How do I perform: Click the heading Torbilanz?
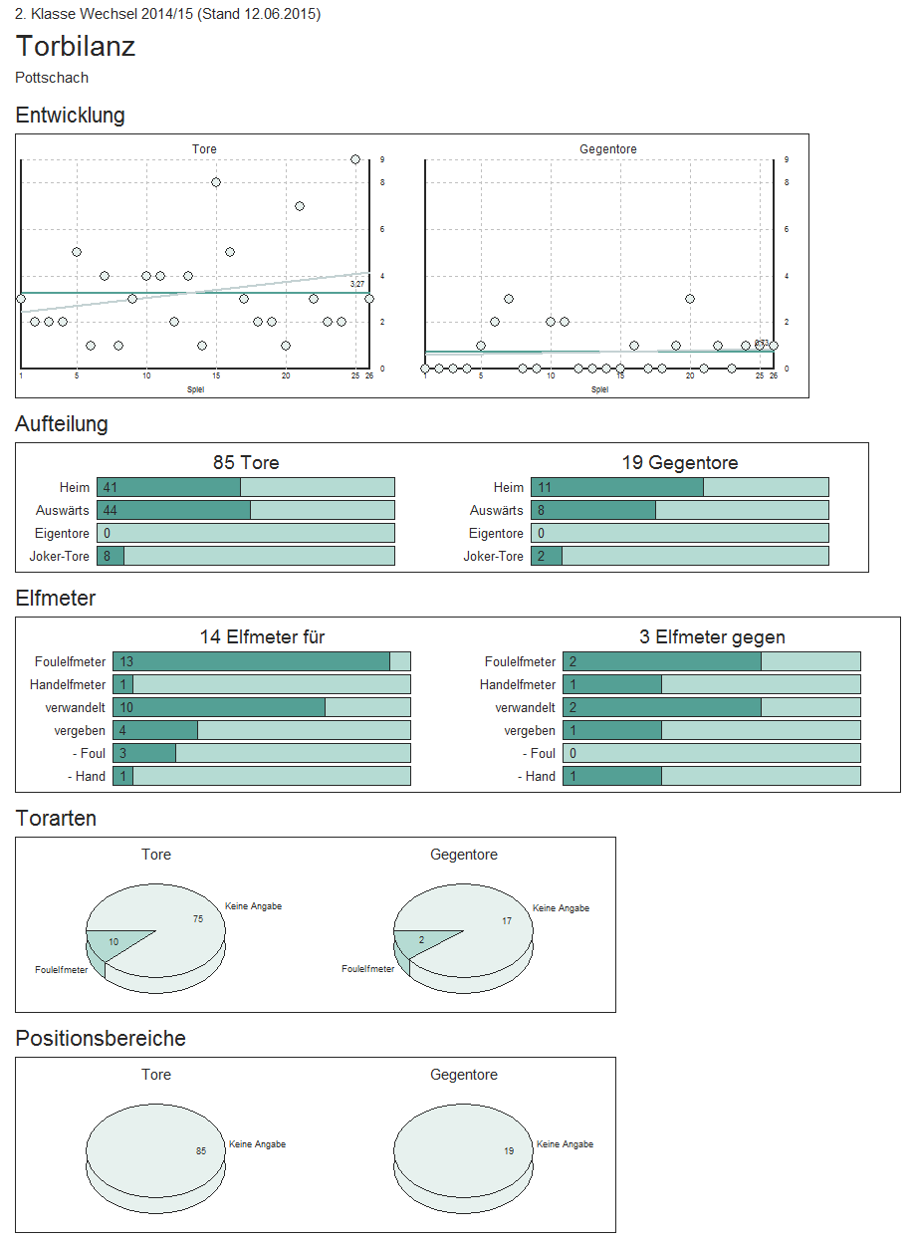pyautogui.click(x=76, y=47)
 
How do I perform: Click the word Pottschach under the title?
pyautogui.click(x=52, y=78)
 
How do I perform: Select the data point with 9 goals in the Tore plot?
pyautogui.click(x=355, y=159)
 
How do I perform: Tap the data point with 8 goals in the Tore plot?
pyautogui.click(x=216, y=182)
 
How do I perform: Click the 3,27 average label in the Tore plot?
pyautogui.click(x=357, y=285)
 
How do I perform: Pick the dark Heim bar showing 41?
pyautogui.click(x=168, y=487)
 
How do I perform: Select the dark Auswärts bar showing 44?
pyautogui.click(x=173, y=510)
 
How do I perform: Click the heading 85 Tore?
pyautogui.click(x=246, y=463)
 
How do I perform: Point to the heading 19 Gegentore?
pyautogui.click(x=680, y=463)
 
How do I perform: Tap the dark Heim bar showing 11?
pyautogui.click(x=617, y=487)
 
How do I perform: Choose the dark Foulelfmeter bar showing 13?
pyautogui.click(x=251, y=661)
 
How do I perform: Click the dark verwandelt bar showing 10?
pyautogui.click(x=219, y=707)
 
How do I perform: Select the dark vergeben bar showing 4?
pyautogui.click(x=155, y=730)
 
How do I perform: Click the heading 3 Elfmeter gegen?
pyautogui.click(x=712, y=637)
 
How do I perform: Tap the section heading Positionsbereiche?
pyautogui.click(x=101, y=1039)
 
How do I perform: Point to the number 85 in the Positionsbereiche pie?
pyautogui.click(x=201, y=1151)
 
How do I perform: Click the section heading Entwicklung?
pyautogui.click(x=70, y=116)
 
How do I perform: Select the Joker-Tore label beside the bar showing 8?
pyautogui.click(x=60, y=556)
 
